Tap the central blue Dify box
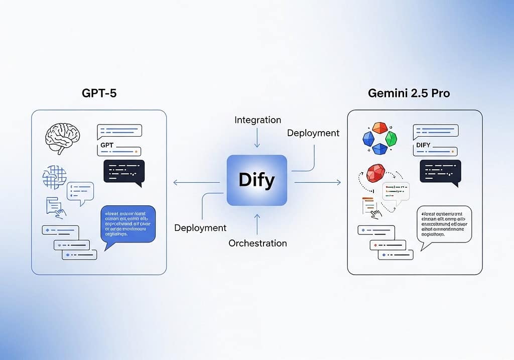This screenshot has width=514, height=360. pos(257,180)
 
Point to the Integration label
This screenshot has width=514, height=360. pos(258,120)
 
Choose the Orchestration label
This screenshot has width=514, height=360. pos(258,243)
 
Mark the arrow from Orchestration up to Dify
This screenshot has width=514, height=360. pos(257,224)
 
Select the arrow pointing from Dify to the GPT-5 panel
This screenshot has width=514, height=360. pos(196,181)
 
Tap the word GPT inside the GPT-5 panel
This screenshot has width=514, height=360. pos(108,146)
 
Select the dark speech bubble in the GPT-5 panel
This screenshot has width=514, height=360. pos(124,171)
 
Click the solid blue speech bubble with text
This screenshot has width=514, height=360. pos(127,224)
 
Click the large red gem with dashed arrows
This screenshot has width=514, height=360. pos(375,173)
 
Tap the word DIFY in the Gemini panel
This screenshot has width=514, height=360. pos(424,146)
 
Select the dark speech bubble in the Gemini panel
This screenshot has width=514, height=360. pos(440,171)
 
